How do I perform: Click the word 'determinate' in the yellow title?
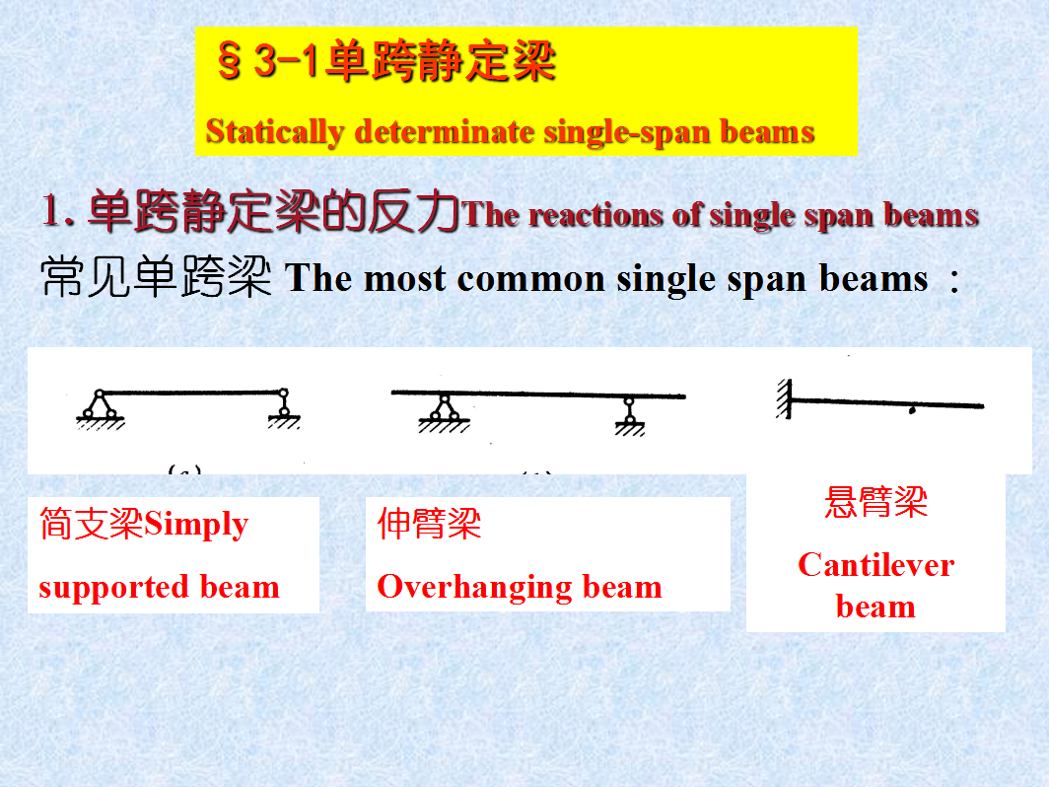click(445, 131)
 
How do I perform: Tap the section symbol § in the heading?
click(229, 60)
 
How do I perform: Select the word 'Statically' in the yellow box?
click(275, 132)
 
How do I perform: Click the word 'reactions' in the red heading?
click(596, 215)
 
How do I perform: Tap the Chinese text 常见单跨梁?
click(156, 277)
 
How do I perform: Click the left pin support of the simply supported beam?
click(100, 408)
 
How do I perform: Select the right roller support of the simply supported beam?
click(284, 408)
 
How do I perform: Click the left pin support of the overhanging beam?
click(445, 413)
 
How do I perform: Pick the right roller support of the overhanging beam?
click(630, 416)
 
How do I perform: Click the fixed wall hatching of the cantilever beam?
click(784, 398)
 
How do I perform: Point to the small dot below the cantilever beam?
click(912, 411)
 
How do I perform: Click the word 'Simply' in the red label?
click(196, 525)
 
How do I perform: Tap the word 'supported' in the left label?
click(113, 588)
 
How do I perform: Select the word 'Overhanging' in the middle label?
click(474, 588)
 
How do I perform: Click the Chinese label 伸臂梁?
click(429, 524)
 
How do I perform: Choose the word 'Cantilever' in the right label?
click(875, 565)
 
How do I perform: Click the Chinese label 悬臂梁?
click(875, 502)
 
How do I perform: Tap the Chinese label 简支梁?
click(92, 524)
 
